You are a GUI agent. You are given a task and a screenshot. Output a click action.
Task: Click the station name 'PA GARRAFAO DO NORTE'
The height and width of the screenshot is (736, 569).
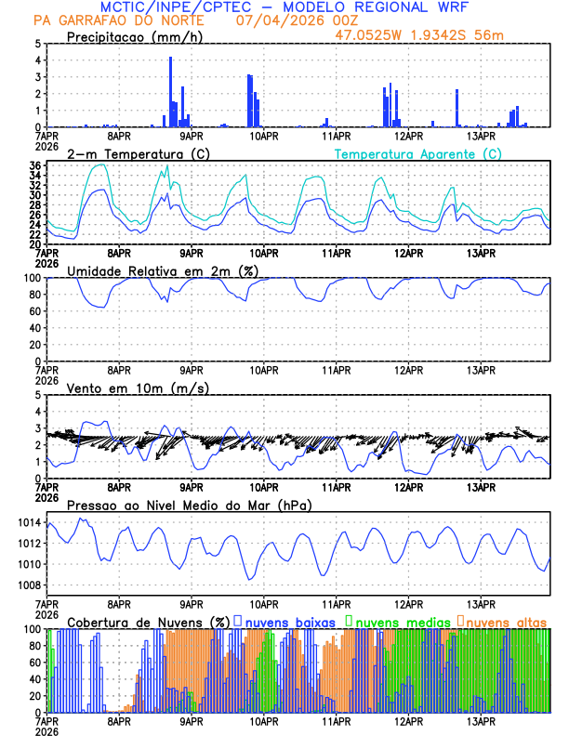pyautogui.click(x=119, y=21)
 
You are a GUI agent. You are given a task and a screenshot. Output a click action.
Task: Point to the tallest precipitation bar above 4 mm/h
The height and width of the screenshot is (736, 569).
pyautogui.click(x=170, y=91)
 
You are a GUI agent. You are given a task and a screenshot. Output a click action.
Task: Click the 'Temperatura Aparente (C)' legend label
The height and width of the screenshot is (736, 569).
pyautogui.click(x=417, y=153)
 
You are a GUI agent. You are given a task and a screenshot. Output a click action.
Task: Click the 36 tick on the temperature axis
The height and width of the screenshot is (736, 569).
pyautogui.click(x=34, y=166)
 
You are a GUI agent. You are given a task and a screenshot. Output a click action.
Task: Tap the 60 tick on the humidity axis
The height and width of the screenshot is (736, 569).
pyautogui.click(x=34, y=311)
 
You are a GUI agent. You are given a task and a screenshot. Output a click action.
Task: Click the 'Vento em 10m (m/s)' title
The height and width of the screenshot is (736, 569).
pyautogui.click(x=139, y=387)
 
